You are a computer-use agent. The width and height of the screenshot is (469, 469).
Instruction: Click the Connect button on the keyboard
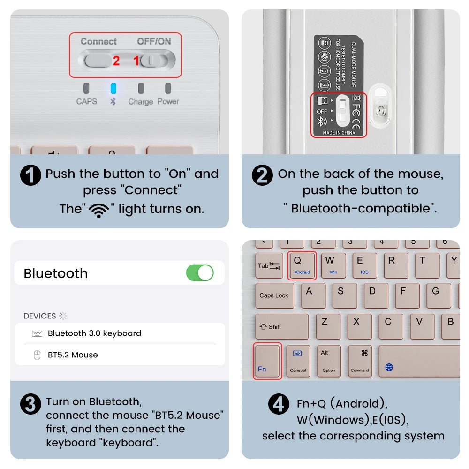click(x=98, y=60)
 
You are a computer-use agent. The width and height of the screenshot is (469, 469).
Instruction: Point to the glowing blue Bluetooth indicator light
click(x=113, y=88)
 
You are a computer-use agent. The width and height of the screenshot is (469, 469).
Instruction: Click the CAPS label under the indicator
click(x=87, y=101)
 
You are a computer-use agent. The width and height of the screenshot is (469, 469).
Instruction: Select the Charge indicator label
click(x=141, y=102)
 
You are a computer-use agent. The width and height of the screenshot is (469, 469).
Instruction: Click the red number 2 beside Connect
click(x=116, y=61)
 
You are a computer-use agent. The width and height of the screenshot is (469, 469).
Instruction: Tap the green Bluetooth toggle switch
click(x=200, y=272)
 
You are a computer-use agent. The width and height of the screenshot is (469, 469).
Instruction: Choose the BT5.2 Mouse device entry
click(x=73, y=355)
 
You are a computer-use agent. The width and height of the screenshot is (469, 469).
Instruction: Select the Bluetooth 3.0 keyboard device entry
click(x=94, y=333)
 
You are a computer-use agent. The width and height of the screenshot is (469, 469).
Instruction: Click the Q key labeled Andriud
click(x=302, y=265)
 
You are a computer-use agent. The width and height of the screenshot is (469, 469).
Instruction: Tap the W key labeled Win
click(x=333, y=265)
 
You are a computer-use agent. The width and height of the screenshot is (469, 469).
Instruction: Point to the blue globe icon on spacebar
click(x=389, y=367)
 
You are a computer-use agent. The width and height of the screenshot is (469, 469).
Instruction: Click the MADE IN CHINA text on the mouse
click(x=339, y=133)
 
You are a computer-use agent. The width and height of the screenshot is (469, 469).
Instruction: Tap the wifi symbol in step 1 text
click(x=98, y=210)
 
